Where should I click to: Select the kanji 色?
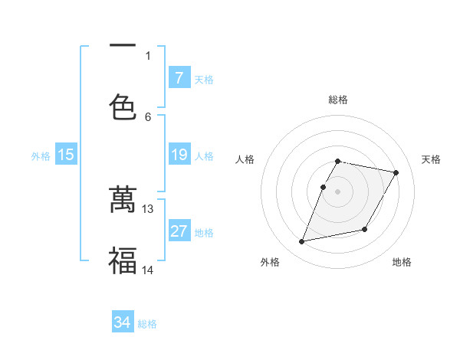[x=122, y=106]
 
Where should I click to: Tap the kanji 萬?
[x=122, y=198]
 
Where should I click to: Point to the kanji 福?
[x=122, y=260]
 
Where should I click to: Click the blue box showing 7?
[x=179, y=77]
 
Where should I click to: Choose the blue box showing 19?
[x=179, y=155]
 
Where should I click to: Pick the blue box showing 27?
[x=179, y=231]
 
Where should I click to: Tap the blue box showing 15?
[x=66, y=155]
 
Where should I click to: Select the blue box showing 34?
[x=122, y=322]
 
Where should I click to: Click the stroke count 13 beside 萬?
[x=148, y=208]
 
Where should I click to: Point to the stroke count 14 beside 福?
[x=148, y=270]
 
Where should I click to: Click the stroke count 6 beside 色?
[x=148, y=116]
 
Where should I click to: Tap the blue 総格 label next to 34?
[x=147, y=324]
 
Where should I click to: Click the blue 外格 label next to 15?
[x=41, y=156]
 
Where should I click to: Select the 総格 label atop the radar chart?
[x=338, y=100]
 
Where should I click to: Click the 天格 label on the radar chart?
[x=432, y=159]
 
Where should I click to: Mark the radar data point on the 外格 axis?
[x=302, y=242]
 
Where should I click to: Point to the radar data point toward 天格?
[x=396, y=173]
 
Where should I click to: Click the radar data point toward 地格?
[x=365, y=229]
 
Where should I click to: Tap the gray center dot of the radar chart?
[x=338, y=191]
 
